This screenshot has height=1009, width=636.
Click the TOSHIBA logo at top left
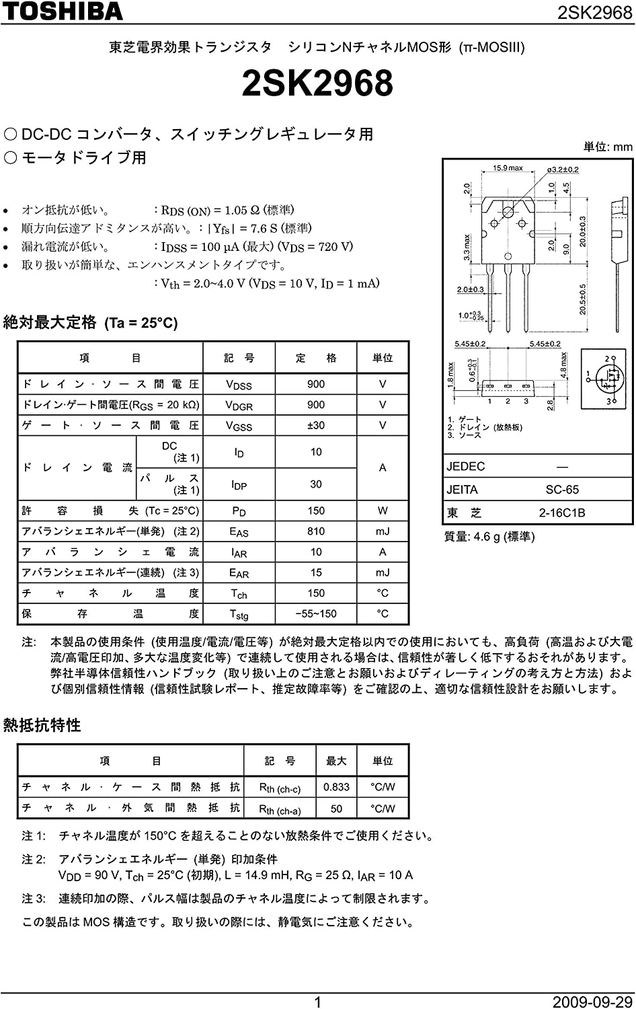pos(62,11)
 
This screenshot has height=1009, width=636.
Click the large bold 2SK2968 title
pos(317,84)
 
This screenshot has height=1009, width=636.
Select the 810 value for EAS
pos(316,531)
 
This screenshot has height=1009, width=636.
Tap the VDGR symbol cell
pos(239,406)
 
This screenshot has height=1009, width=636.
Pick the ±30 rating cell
pos(315,425)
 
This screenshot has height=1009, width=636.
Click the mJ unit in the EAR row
pos(383,572)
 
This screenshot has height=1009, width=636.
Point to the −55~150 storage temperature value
pos(316,613)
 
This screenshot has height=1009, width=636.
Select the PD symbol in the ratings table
pos(239,511)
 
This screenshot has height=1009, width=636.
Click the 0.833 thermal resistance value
pos(336,787)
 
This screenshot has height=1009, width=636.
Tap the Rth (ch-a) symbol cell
pos(280,809)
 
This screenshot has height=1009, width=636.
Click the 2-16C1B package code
pos(562,513)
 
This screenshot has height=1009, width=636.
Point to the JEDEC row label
pos(465,467)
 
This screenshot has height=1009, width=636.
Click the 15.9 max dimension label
pos(508,168)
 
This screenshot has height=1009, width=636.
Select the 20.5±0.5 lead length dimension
pos(583,299)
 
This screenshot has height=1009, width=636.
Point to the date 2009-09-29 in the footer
pos(592,1002)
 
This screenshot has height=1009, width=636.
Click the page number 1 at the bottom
pos(317,1002)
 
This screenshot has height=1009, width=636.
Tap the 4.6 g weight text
pos(489,537)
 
